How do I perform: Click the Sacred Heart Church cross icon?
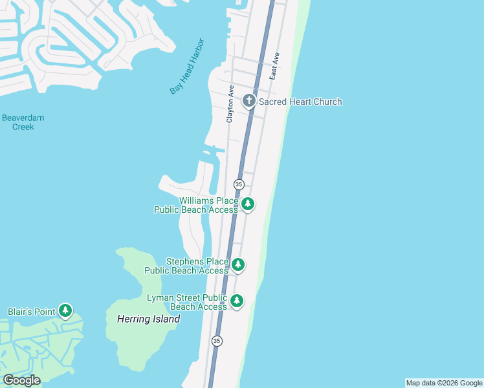(249, 101)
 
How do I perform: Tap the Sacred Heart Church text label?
(300, 102)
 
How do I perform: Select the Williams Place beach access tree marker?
(248, 205)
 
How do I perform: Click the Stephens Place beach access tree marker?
(239, 264)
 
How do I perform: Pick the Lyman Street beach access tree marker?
(237, 301)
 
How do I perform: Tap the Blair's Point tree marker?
(65, 311)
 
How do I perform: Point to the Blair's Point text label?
(31, 312)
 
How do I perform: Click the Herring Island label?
(148, 319)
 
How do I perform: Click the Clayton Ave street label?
(230, 104)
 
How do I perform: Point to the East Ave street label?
(274, 66)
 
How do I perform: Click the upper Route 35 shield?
(239, 184)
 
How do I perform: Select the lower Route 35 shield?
(217, 341)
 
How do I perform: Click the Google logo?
(21, 380)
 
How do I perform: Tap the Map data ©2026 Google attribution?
(444, 383)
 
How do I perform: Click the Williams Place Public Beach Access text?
(199, 205)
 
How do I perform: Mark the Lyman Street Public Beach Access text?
(187, 302)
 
